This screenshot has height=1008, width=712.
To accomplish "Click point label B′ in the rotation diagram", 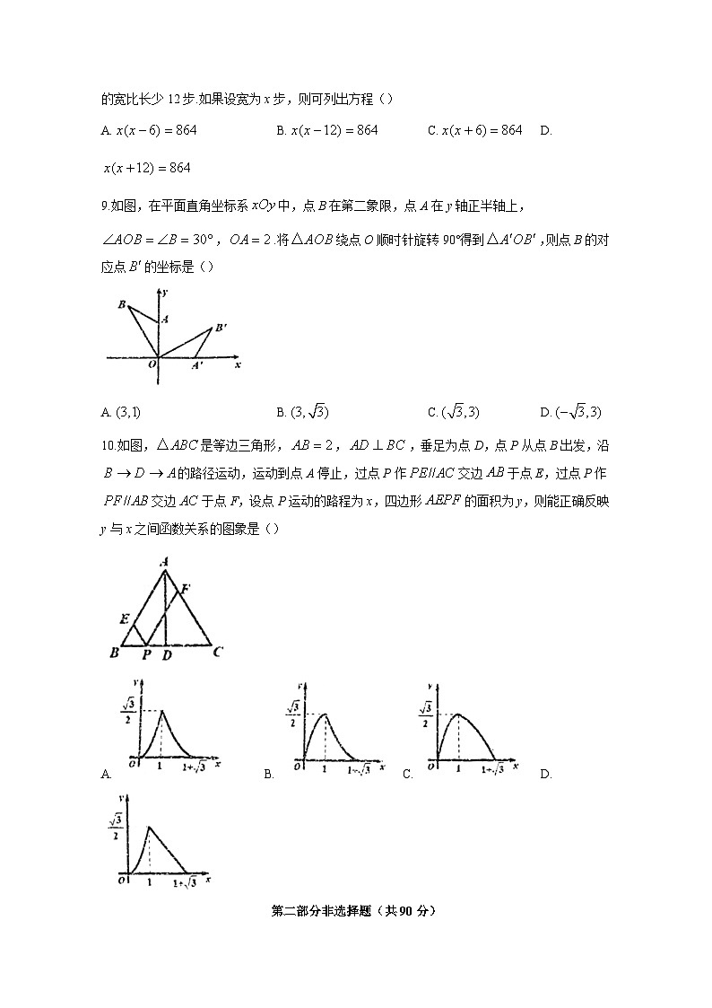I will pyautogui.click(x=221, y=329).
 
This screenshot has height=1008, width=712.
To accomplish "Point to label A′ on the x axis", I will pyautogui.click(x=196, y=366).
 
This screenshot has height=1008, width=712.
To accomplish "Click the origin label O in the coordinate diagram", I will pyautogui.click(x=152, y=364).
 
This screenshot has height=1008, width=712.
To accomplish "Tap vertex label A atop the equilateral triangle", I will pyautogui.click(x=164, y=562).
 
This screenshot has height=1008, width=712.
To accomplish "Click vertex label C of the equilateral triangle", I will pyautogui.click(x=217, y=653).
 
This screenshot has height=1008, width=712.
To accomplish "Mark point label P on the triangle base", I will pyautogui.click(x=146, y=656).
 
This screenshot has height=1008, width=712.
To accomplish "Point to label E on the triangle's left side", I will pyautogui.click(x=123, y=619).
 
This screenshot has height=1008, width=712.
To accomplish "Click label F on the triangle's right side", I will pyautogui.click(x=186, y=589).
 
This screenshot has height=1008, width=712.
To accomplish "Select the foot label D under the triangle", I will pyautogui.click(x=167, y=656).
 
